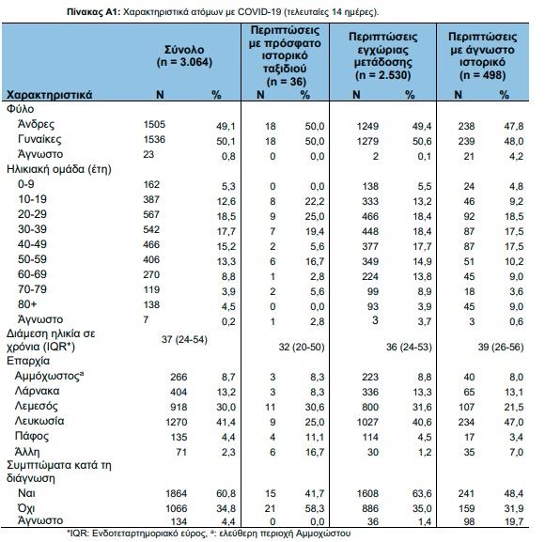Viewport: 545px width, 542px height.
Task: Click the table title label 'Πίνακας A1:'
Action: click(94, 12)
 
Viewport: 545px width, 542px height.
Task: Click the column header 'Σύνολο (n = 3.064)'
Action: click(184, 55)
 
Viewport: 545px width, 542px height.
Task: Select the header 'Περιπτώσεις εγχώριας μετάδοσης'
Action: click(382, 50)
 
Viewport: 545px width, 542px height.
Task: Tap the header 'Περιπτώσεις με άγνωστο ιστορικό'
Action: click(482, 50)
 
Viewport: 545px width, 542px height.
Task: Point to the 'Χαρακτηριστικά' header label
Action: click(50, 95)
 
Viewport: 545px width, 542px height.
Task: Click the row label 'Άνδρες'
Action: click(36, 124)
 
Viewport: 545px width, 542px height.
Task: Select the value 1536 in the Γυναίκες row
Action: click(154, 139)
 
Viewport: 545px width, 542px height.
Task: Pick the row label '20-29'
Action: click(32, 214)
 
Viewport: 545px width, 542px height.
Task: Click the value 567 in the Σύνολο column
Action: click(151, 214)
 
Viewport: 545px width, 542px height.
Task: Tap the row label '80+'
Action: click(27, 304)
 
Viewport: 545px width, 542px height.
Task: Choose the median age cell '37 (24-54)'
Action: click(184, 339)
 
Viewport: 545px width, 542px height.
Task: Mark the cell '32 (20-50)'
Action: click(302, 348)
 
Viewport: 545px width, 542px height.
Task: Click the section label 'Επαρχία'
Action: click(28, 361)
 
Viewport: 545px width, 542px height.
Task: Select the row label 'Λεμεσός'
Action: click(36, 406)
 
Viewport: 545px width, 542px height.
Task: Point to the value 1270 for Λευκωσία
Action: click(177, 422)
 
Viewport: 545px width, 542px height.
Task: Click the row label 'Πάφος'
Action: click(32, 436)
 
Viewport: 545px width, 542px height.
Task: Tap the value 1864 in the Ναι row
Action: click(177, 493)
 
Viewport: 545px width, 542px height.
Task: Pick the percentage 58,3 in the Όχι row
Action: click(315, 508)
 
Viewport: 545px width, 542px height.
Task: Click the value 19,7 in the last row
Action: click(514, 521)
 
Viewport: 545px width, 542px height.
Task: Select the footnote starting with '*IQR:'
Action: click(209, 534)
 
